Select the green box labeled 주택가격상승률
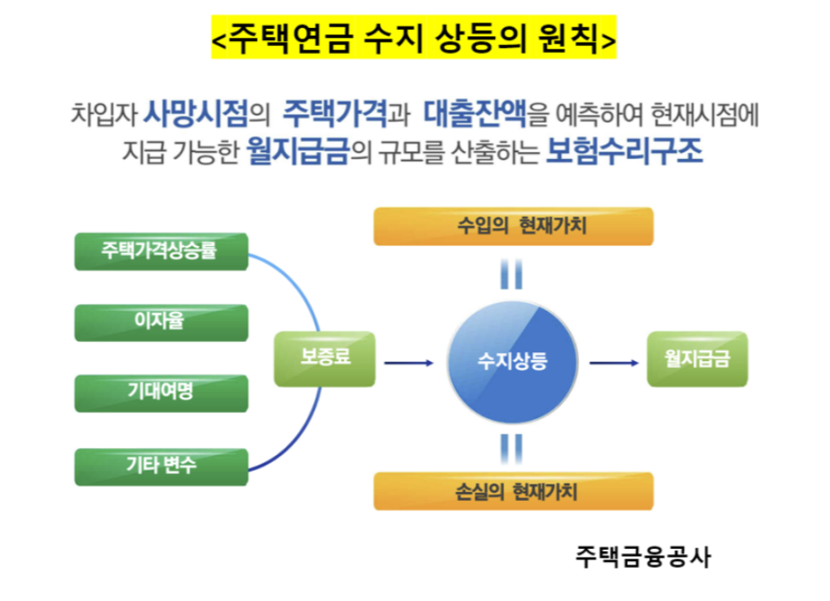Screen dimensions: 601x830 point(162,251)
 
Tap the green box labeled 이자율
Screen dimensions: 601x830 point(162,322)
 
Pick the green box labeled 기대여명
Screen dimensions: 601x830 point(162,392)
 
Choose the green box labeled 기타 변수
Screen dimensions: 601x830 point(162,465)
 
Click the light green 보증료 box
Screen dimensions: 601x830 point(325,358)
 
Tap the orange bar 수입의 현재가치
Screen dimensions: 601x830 point(513,226)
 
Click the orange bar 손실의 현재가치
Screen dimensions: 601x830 point(513,491)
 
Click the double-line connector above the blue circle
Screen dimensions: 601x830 point(512,274)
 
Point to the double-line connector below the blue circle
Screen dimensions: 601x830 point(512,447)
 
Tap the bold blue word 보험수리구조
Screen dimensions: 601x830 point(624,153)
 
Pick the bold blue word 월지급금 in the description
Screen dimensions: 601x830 point(298,153)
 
